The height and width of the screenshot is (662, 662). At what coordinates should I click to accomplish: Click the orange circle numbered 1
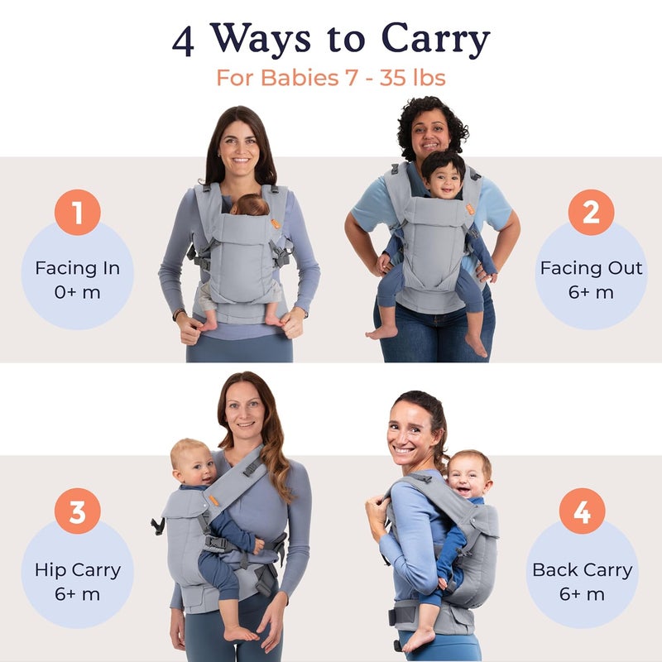pos(78,213)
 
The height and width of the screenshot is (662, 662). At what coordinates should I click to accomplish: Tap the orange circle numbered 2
pos(591,213)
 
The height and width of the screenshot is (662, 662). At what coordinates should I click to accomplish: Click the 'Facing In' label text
pos(77,268)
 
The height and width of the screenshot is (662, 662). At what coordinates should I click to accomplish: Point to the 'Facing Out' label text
pos(591,268)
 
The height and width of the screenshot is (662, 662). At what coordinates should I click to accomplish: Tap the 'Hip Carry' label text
pos(77,569)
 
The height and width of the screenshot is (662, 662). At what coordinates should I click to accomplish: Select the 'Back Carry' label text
pos(582,569)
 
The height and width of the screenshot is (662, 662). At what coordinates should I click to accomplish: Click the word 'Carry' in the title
pos(435,40)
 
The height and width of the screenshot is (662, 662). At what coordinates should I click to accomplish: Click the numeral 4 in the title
pos(184,41)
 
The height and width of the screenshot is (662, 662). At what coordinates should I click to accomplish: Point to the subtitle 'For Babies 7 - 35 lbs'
pos(331,78)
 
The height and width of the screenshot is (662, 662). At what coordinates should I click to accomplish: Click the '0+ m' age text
pos(77,292)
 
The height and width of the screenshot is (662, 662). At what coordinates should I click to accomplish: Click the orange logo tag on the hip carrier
pos(213,499)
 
